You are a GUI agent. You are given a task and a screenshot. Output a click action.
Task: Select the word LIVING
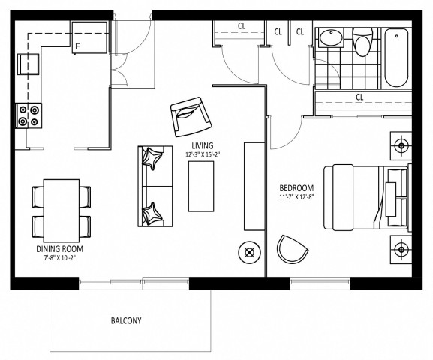coord(202,146)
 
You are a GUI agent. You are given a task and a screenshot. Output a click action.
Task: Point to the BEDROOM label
coord(296,187)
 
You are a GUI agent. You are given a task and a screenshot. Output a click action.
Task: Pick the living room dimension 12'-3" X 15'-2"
coord(203,155)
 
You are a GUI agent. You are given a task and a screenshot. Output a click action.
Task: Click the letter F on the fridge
coord(77,46)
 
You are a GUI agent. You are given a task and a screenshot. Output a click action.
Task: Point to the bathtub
coord(395,56)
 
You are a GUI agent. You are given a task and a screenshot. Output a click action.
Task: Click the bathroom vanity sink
coord(329,40)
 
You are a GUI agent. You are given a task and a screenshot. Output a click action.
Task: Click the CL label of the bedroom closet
coord(359,97)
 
